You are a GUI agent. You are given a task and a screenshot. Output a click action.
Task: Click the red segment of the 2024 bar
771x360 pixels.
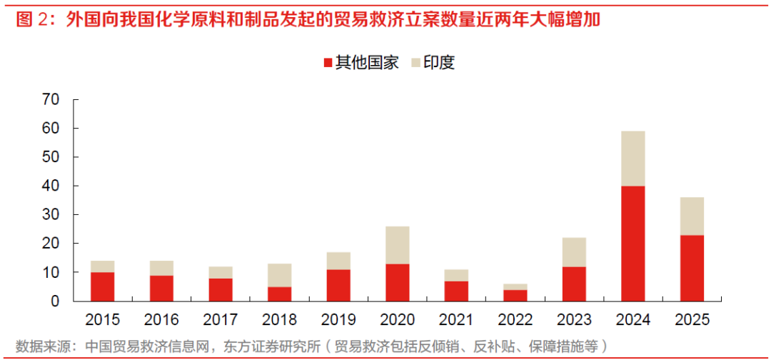(633, 243)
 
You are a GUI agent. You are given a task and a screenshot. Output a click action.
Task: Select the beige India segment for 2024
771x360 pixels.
(633, 159)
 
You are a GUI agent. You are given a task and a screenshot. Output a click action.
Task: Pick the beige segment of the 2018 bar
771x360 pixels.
(280, 275)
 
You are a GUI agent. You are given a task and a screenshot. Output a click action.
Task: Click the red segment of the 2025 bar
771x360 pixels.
(692, 268)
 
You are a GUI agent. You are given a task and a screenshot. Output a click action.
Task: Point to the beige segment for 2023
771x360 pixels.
(574, 252)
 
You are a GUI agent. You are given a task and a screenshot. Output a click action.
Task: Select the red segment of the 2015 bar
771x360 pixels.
(103, 286)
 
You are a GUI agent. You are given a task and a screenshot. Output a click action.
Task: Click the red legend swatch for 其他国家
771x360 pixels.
(328, 63)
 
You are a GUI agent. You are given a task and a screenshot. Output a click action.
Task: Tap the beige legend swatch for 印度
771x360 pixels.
(416, 63)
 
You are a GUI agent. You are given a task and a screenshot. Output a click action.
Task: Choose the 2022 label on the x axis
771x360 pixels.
(515, 319)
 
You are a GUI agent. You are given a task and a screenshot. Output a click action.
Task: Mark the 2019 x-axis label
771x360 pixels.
(338, 319)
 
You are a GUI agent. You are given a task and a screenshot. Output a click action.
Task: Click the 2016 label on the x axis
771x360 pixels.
(162, 319)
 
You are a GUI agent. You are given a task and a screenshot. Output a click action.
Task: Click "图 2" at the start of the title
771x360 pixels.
(31, 19)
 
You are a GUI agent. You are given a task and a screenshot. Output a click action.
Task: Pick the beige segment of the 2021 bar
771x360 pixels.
(456, 275)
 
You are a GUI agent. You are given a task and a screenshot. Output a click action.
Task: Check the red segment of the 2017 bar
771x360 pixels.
(221, 289)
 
